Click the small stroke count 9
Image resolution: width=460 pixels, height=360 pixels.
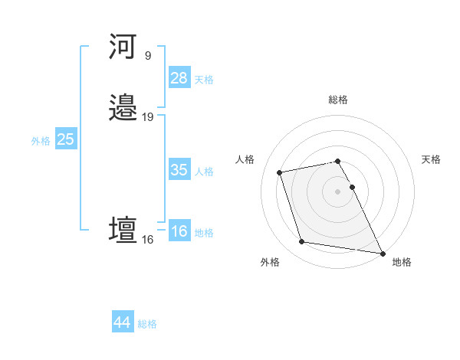[x=147, y=56]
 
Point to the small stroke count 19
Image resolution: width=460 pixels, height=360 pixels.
[x=147, y=117]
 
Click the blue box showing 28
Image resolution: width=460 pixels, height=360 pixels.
[x=179, y=78]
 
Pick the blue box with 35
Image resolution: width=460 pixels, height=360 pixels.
[x=179, y=170]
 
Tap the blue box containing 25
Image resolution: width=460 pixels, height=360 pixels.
[x=66, y=139]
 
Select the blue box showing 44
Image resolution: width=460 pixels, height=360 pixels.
[x=123, y=322]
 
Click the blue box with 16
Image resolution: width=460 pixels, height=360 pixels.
[x=179, y=231]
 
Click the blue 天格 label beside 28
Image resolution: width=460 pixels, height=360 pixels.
[x=204, y=80]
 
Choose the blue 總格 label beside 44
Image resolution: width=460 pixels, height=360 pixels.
[x=147, y=324]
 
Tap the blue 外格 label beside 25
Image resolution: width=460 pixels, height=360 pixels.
[x=41, y=141]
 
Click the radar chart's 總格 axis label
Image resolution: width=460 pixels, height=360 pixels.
[x=338, y=100]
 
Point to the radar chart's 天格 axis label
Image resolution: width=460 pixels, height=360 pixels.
[x=431, y=159]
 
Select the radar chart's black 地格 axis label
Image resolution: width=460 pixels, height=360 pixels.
[x=402, y=262]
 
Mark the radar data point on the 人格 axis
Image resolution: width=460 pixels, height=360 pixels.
[x=280, y=172]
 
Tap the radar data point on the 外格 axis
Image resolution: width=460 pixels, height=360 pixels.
[x=302, y=242]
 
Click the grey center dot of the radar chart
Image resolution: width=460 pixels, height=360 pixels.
[x=338, y=191]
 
